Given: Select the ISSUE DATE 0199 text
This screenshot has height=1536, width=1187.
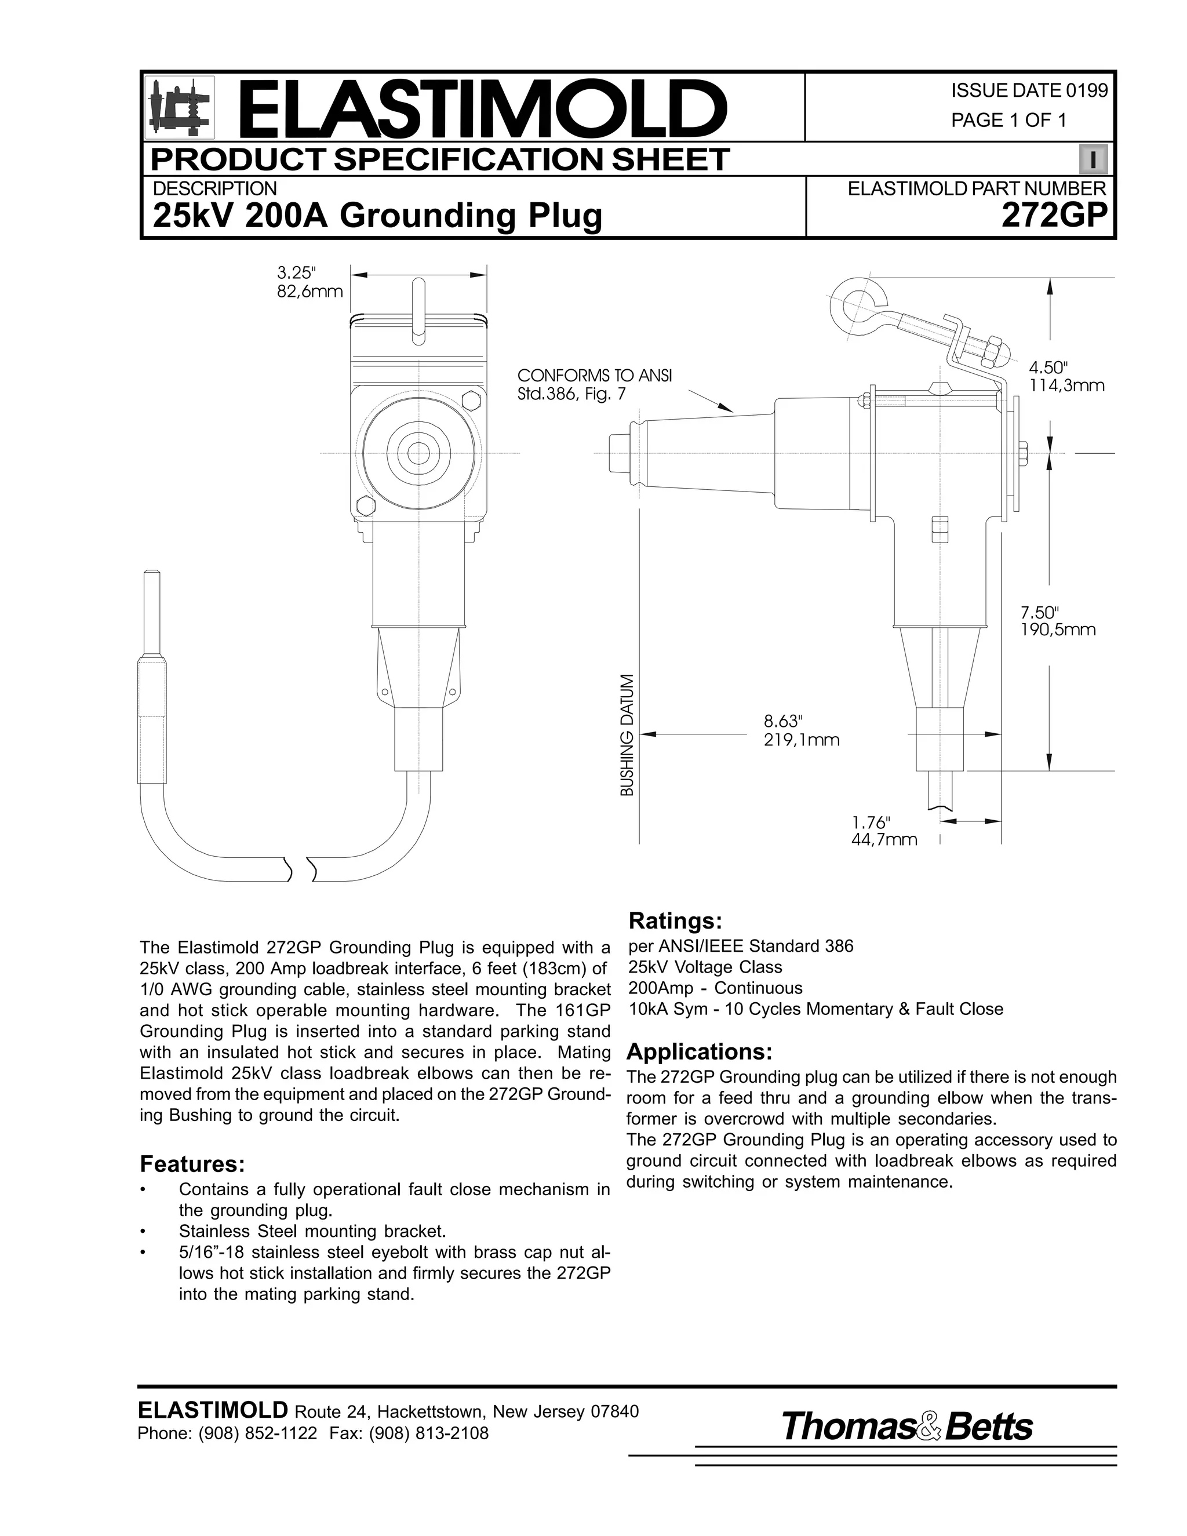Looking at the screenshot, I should [x=1029, y=91].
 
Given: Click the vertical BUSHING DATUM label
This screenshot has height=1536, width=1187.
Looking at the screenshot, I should [x=627, y=735].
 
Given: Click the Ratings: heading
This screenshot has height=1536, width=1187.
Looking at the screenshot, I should [x=675, y=920].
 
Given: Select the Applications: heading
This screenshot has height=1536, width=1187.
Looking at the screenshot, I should [x=699, y=1052].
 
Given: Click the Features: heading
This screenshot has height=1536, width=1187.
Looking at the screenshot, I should [x=192, y=1164].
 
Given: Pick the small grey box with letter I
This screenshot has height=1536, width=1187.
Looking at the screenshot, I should [x=1093, y=159].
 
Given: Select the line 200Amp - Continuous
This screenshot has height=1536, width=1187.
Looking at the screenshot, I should [x=715, y=988].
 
